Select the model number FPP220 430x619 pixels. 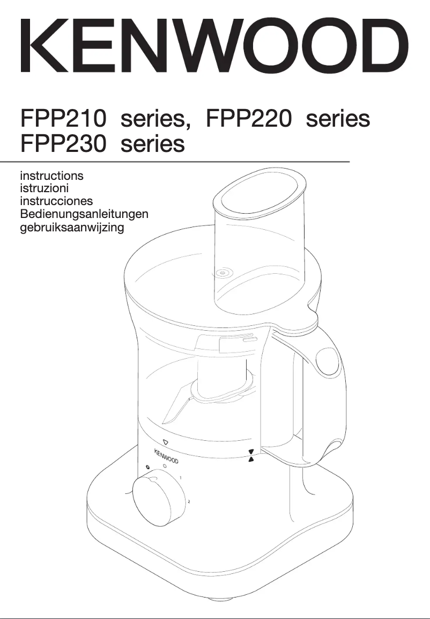click(x=250, y=119)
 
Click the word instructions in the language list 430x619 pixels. click(x=51, y=176)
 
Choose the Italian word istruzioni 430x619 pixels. click(x=44, y=188)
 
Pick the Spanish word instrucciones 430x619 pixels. click(x=56, y=201)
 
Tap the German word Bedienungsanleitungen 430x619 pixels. click(x=84, y=214)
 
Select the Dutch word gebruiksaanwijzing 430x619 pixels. click(x=72, y=228)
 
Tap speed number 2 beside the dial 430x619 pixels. click(x=189, y=502)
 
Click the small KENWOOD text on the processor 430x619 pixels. click(x=166, y=456)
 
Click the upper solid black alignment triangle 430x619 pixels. click(x=251, y=451)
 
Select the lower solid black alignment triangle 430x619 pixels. click(x=251, y=461)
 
